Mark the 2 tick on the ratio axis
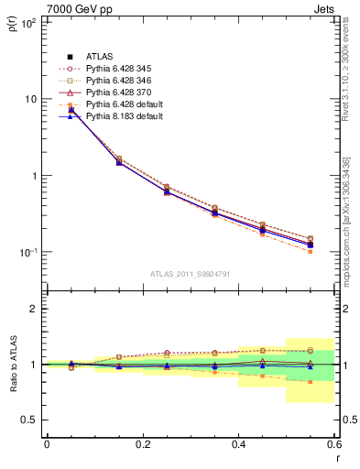point(33,309)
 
